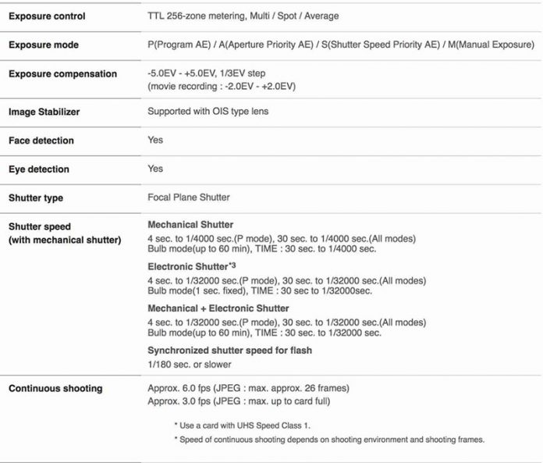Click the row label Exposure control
(47, 16)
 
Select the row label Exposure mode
(44, 45)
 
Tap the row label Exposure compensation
(62, 73)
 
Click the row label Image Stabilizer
(44, 112)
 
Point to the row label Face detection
(41, 141)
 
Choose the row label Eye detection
(39, 169)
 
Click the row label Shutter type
(36, 198)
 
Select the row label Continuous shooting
(55, 388)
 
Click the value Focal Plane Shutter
(188, 198)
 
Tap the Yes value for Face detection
(155, 141)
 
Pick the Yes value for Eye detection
(155, 169)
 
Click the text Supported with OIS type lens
(208, 112)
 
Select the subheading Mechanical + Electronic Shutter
(218, 308)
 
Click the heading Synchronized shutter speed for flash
(229, 351)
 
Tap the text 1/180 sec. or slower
(189, 364)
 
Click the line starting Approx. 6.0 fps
(248, 388)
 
